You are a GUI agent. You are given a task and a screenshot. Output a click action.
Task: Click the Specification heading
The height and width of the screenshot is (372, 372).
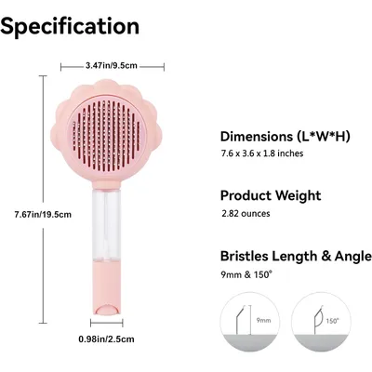[x=70, y=25]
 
